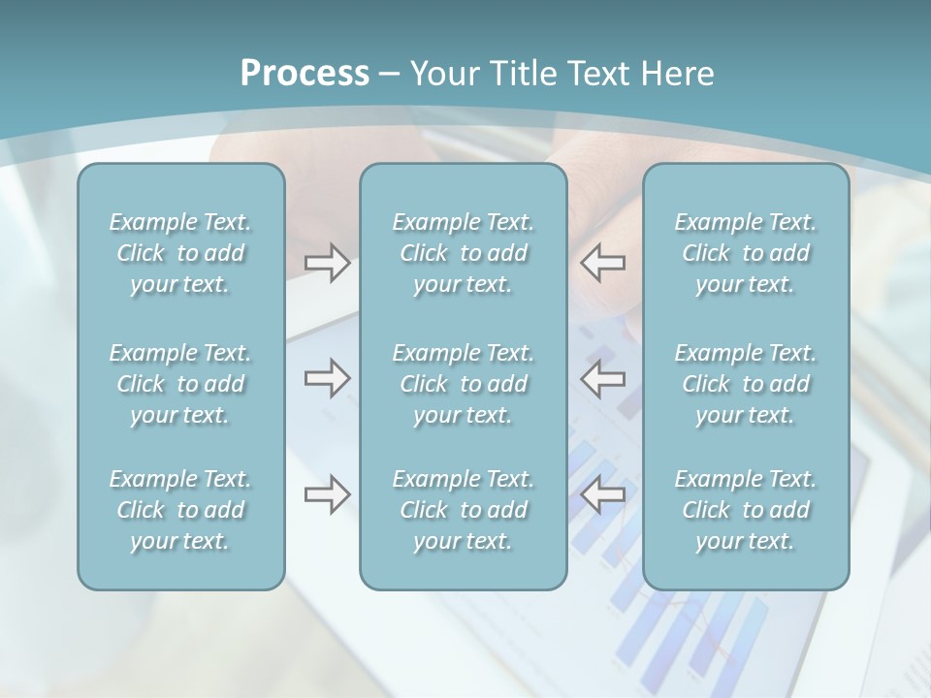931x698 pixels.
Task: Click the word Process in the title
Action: coord(305,74)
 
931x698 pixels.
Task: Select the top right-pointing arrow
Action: coord(327,263)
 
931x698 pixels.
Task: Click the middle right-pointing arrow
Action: coord(327,378)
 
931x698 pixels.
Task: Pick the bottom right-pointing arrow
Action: coord(327,494)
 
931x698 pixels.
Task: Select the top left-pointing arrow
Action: coord(603,263)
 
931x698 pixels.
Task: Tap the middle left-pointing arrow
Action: coord(603,378)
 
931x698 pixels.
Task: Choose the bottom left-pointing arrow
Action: coord(603,494)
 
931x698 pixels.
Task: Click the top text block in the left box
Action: coord(180,253)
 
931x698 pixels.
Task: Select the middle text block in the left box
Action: coord(180,384)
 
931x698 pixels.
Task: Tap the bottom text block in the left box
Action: coord(180,510)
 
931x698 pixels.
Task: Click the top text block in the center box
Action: coord(464,253)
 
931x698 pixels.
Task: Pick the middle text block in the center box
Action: coord(464,384)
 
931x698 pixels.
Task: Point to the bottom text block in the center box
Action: coord(464,510)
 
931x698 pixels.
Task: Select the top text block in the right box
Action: coord(746,253)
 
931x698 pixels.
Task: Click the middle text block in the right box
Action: coord(746,384)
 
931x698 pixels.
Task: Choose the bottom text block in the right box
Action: coord(746,510)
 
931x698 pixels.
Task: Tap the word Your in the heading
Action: coord(443,74)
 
